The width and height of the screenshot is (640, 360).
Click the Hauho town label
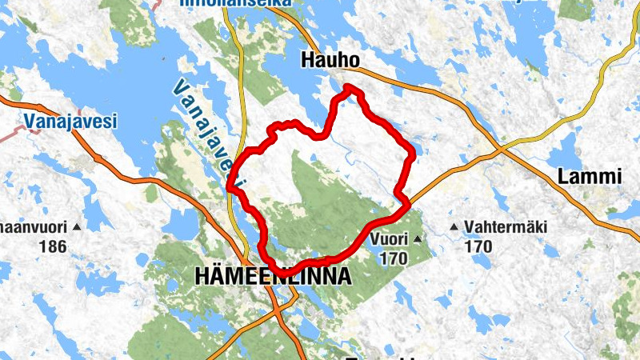point(330,61)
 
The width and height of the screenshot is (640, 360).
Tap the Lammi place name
point(589,177)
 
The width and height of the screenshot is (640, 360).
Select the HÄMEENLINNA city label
point(273,277)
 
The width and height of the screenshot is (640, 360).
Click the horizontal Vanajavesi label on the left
point(70,122)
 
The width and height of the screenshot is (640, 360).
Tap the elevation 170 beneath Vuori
point(394,258)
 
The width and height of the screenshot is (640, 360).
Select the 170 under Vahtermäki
point(478,247)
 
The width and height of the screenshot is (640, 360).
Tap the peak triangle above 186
point(77,228)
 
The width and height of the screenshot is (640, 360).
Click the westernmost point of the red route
point(230,187)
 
